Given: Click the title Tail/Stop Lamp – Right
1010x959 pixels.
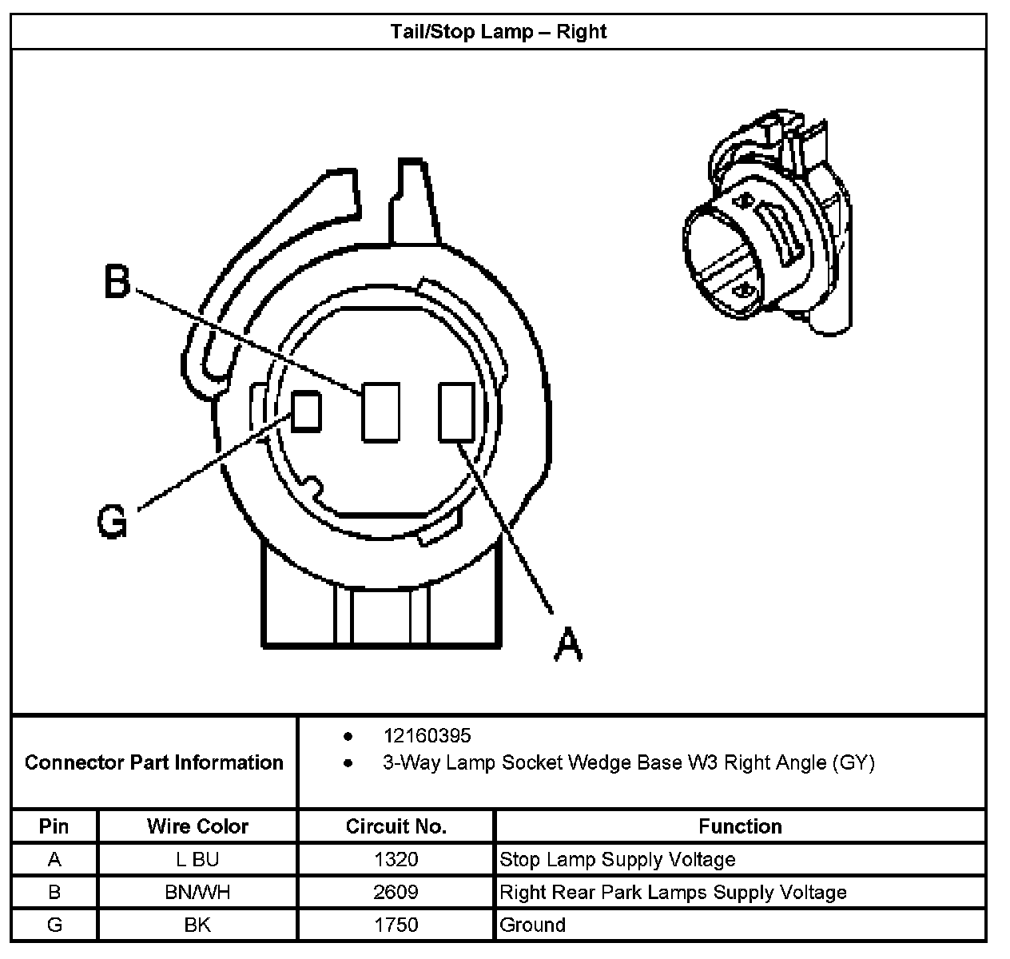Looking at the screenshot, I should click(499, 32).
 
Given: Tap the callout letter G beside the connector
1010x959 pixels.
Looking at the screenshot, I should click(112, 523).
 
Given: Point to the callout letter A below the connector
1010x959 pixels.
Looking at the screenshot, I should click(568, 643).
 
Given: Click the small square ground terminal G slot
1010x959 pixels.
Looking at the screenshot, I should click(306, 411).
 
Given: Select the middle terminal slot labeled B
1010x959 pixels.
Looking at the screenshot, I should click(380, 412).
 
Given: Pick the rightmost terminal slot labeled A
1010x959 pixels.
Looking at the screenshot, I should click(457, 412).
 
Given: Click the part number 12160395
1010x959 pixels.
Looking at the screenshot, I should click(427, 735).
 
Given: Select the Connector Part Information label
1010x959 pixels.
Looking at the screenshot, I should click(154, 762).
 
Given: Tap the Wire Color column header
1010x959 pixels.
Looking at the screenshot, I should click(197, 826).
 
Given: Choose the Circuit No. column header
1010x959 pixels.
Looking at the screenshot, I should click(396, 826).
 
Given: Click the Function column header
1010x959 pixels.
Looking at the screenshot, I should click(740, 826).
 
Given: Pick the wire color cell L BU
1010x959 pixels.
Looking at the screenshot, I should click(197, 860).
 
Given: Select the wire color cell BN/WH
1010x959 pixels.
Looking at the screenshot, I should click(197, 892).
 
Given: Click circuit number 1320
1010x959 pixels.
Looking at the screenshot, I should click(396, 860).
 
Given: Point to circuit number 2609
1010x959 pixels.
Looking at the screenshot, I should click(396, 892).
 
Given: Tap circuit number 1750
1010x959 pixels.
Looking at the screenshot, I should click(396, 925).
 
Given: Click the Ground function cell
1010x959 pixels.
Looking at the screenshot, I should click(533, 925).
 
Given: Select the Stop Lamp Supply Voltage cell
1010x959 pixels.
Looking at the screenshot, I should click(618, 860).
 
